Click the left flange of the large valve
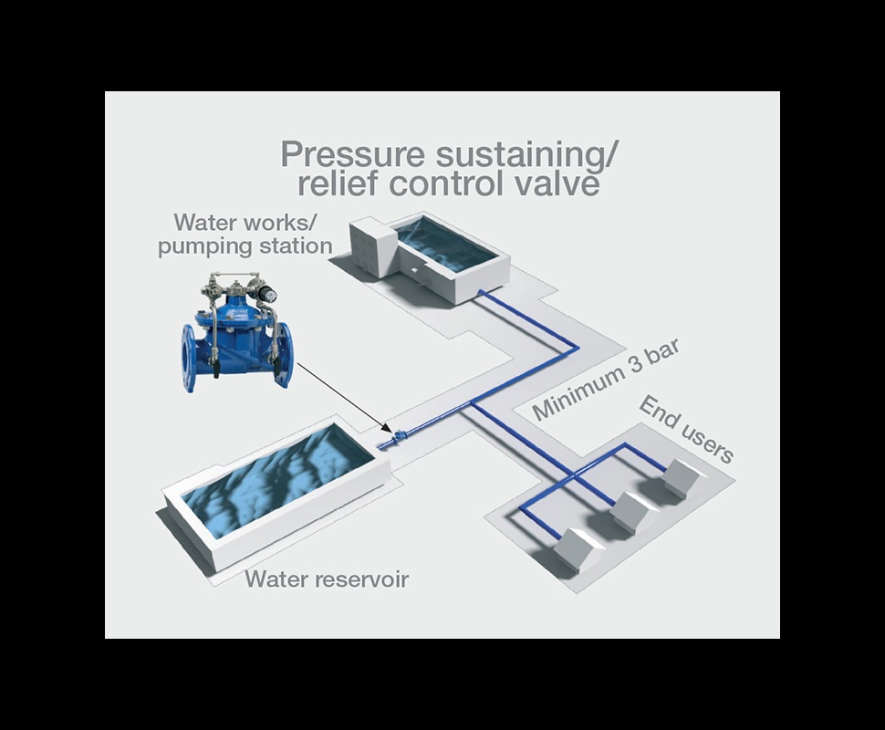click(x=191, y=354)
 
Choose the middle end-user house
click(x=631, y=512)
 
